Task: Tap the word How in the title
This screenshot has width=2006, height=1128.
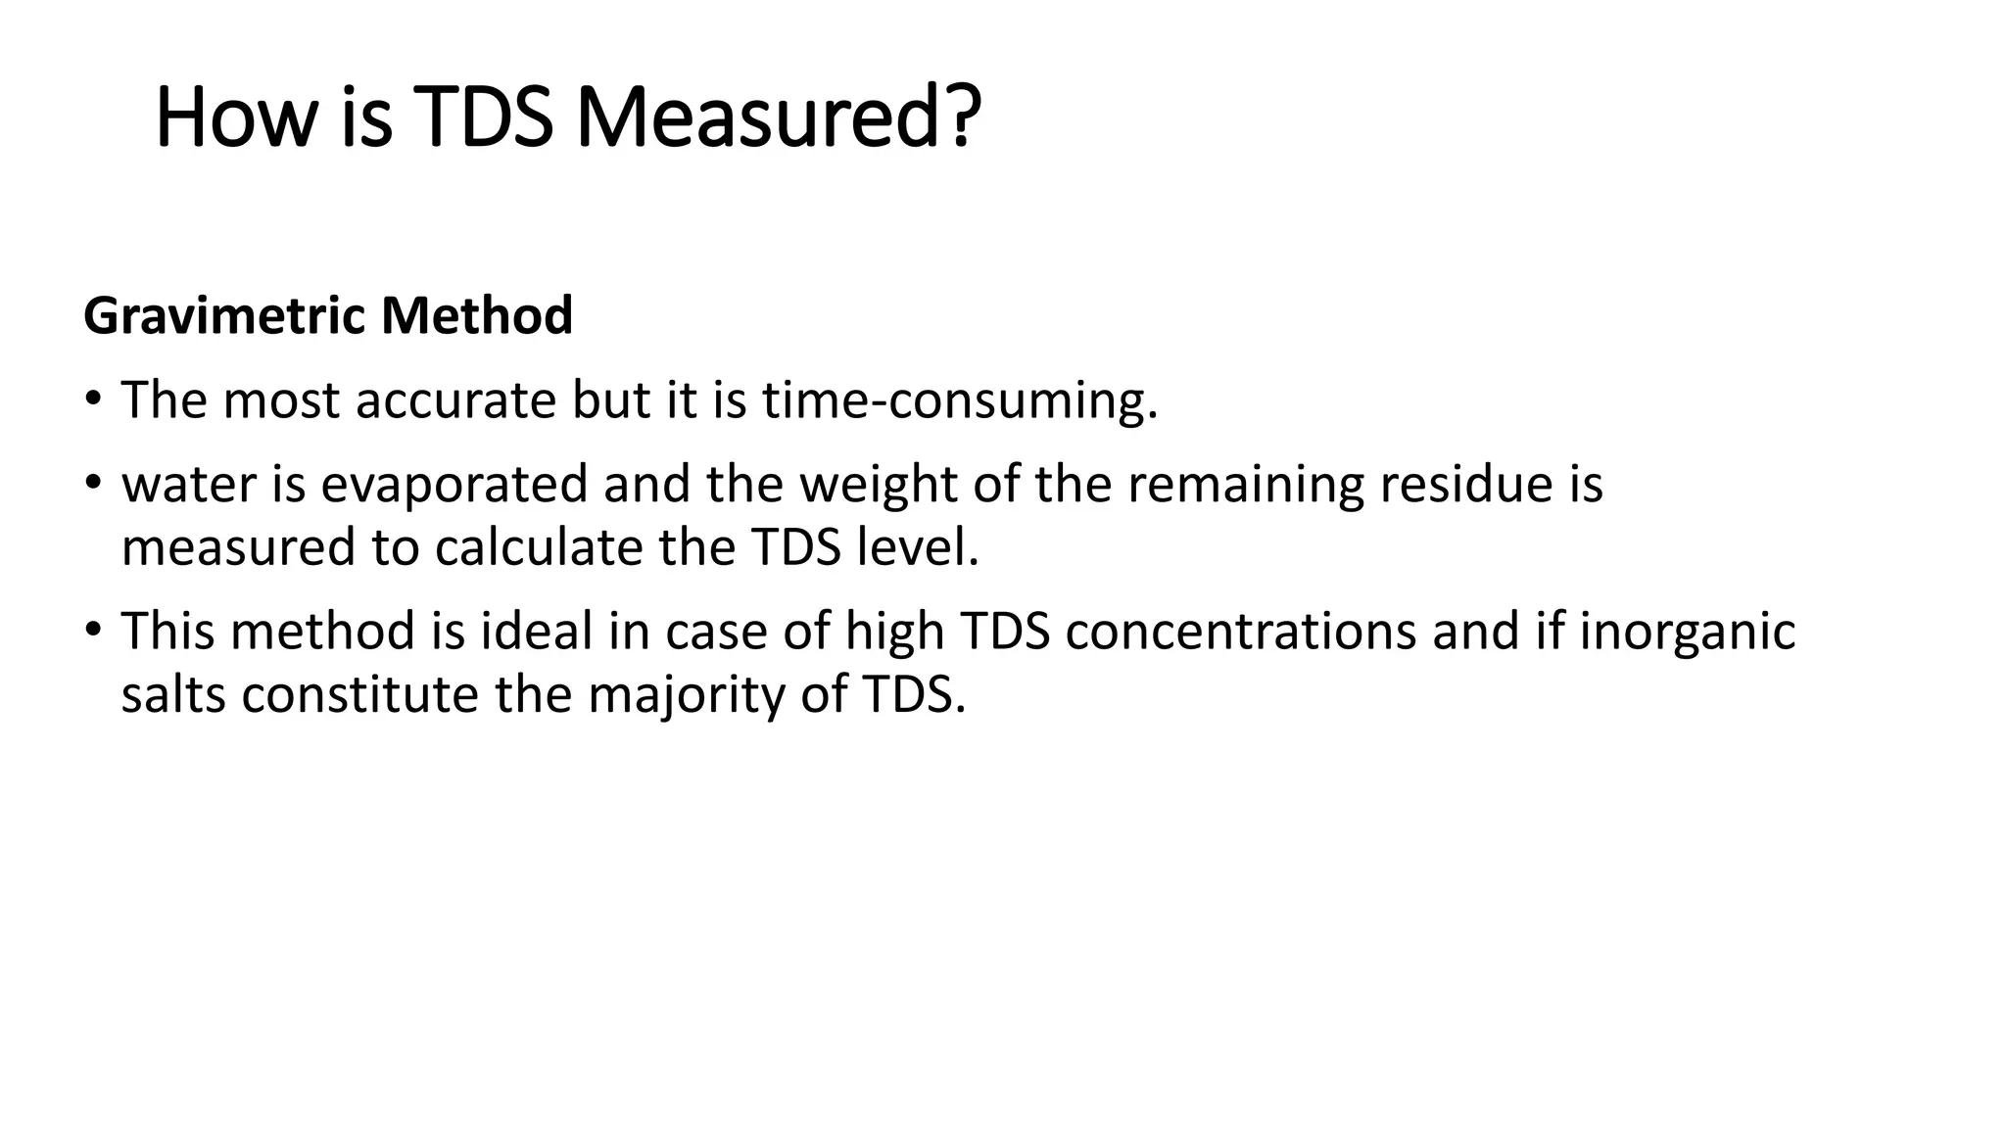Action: pos(236,118)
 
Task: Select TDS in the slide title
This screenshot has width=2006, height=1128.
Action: pos(483,118)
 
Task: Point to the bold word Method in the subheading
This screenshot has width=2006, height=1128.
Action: pos(477,316)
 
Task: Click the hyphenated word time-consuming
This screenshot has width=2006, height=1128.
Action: pos(959,400)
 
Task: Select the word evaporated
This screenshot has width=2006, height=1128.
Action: pos(454,485)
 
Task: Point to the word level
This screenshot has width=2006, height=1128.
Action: pos(917,547)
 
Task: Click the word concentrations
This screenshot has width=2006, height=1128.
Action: pos(1240,632)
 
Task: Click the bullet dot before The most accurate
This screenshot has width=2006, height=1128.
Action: pos(93,400)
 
